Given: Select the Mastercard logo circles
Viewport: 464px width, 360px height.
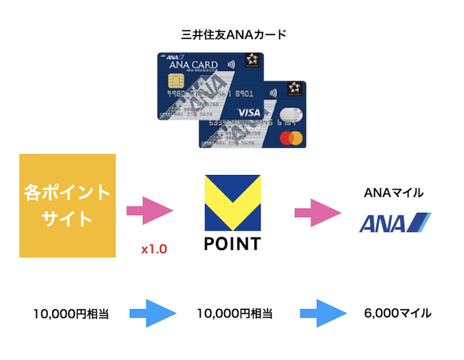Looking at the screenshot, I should coord(291,138).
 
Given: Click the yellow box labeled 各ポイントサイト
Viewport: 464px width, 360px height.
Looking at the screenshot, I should coord(66,205).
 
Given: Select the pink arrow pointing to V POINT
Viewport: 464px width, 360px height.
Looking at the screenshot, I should coord(151,211).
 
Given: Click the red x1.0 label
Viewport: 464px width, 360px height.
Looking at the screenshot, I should coord(154,249).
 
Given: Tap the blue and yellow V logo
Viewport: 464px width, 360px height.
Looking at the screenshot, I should coord(233,202).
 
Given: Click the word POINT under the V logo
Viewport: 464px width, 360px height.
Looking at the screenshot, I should coord(233,244).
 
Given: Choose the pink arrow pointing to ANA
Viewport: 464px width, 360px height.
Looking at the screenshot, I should coord(318,211).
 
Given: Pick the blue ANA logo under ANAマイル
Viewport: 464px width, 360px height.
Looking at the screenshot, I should coord(395,223).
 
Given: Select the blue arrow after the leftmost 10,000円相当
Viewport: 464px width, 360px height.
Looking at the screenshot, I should coord(151,313).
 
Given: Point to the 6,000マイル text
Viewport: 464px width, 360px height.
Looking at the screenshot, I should coord(397,313).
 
